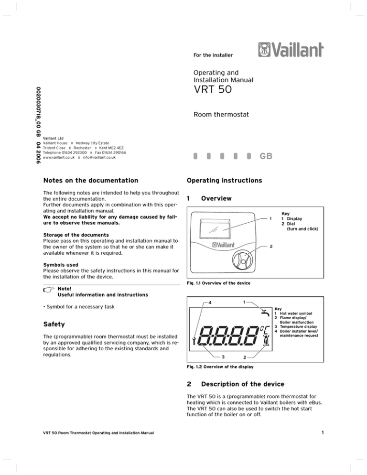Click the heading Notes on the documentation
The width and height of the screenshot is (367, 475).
point(87,181)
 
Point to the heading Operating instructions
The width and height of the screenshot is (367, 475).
point(225,181)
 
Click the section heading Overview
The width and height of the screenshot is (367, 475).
point(217,198)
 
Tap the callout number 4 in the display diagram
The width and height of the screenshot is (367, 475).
point(210,302)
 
